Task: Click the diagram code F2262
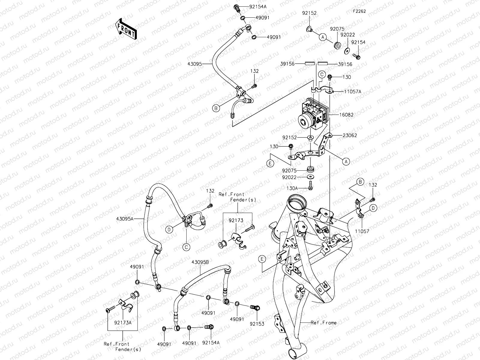359,11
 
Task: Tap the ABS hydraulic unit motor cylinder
305,121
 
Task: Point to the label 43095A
124,219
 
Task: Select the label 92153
257,324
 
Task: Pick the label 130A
292,188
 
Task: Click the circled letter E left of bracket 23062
270,163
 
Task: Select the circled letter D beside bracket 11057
373,208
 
